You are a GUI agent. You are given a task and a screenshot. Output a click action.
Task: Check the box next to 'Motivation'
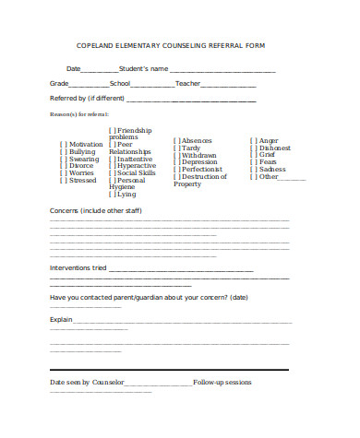point(63,144)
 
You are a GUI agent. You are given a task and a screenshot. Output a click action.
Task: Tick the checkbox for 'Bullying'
point(63,151)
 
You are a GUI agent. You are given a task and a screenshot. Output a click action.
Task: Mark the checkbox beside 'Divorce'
point(63,166)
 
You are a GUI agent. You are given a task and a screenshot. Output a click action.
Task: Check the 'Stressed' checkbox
point(63,181)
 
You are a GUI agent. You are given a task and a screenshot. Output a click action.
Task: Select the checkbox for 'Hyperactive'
point(113,166)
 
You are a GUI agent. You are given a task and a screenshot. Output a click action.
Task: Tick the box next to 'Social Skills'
point(113,173)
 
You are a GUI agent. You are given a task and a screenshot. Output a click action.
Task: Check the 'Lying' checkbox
point(113,195)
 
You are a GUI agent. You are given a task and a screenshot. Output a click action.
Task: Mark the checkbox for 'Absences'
point(176,140)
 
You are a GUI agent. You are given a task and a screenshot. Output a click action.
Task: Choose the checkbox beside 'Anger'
point(253,140)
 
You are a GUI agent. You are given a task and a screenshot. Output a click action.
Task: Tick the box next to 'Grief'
point(253,155)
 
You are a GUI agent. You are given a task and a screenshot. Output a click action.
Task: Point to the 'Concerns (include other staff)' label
point(89,211)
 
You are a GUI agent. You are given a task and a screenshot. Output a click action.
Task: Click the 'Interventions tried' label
point(78,268)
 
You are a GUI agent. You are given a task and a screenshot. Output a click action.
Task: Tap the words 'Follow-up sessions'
point(222,382)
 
